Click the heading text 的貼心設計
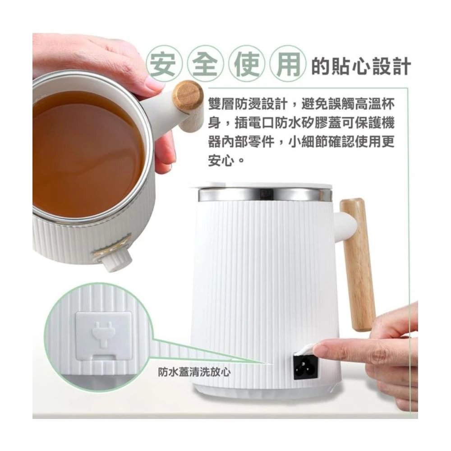pyautogui.click(x=361, y=66)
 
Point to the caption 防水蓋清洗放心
pyautogui.click(x=194, y=372)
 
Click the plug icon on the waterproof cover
pyautogui.click(x=103, y=336)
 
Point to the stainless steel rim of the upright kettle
pyautogui.click(x=265, y=194)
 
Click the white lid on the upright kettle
pyautogui.click(x=263, y=185)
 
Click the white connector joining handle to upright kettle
pyautogui.click(x=346, y=225)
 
